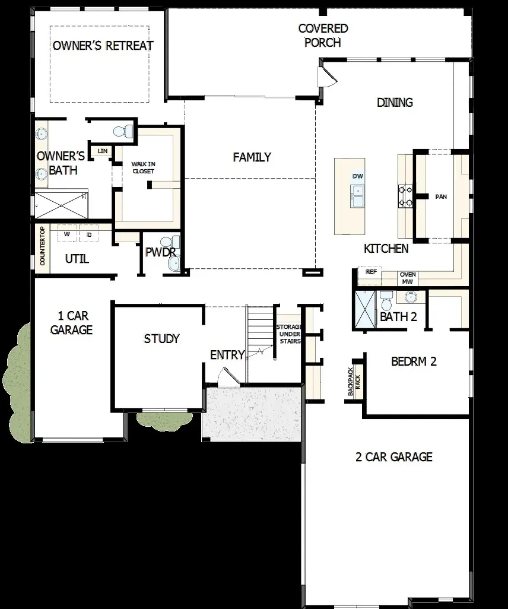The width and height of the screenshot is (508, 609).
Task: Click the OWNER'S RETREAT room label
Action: [103, 46]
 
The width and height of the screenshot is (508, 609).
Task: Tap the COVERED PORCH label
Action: [323, 35]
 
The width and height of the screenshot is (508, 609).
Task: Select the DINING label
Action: [395, 102]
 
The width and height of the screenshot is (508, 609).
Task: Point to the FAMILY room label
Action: [252, 157]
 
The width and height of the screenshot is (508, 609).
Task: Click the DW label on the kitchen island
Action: [357, 176]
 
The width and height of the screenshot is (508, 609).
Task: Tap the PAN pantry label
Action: [441, 196]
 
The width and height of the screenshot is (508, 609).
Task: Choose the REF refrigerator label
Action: [372, 272]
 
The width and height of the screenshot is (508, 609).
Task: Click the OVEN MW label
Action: [408, 278]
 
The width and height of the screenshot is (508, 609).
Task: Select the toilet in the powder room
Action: [174, 242]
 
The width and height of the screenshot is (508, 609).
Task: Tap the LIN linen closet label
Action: [102, 151]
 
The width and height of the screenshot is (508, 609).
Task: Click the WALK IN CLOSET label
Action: [143, 167]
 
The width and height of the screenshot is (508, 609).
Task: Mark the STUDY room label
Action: [161, 338]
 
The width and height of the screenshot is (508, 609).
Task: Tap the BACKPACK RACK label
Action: [354, 381]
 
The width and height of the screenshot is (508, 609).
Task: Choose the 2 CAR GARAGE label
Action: [394, 456]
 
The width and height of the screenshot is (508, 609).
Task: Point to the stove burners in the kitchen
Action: [406, 196]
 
